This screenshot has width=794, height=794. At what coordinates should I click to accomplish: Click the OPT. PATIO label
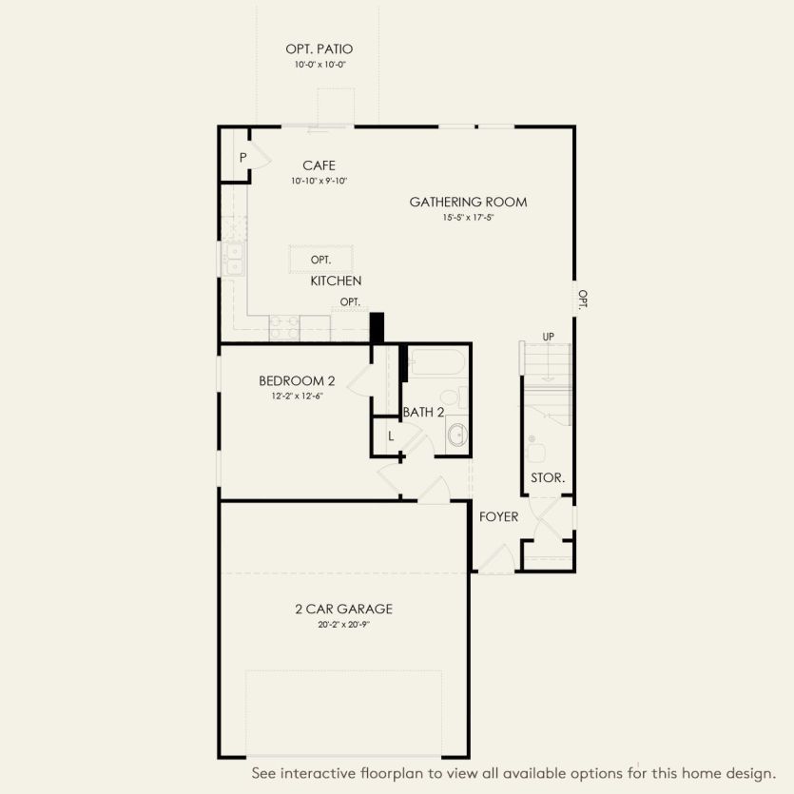[x=320, y=48]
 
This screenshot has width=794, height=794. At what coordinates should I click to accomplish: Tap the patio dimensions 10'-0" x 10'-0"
[x=320, y=66]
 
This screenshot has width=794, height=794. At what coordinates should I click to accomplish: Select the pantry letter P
[x=243, y=158]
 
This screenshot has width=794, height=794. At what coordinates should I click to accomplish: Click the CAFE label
[x=319, y=165]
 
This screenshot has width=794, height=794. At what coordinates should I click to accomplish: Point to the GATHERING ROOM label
[x=468, y=202]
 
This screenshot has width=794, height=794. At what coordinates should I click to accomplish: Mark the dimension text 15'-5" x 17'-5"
[x=468, y=218]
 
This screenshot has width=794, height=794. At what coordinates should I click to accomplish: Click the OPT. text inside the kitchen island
[x=320, y=260]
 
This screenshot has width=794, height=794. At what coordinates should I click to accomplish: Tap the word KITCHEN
[x=336, y=281]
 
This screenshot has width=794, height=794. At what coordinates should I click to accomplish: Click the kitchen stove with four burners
[x=283, y=327]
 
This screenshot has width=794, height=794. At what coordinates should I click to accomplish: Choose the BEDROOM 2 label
[x=297, y=381]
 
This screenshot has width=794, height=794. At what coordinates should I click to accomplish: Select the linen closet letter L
[x=390, y=436]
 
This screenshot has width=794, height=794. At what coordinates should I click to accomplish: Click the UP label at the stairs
[x=548, y=338]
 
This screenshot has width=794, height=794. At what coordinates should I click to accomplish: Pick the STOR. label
[x=548, y=477]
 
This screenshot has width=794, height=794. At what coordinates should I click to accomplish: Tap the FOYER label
[x=498, y=516]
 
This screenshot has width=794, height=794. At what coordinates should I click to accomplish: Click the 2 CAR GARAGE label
[x=344, y=610]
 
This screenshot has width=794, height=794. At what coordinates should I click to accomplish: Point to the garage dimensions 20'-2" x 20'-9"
[x=344, y=626]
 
